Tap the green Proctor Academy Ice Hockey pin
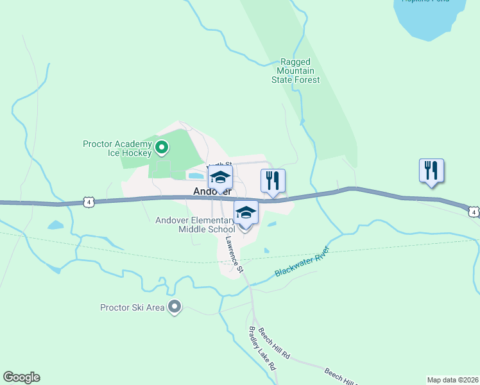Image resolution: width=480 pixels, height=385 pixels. pyautogui.click(x=162, y=148)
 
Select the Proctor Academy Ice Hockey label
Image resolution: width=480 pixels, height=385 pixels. pyautogui.click(x=117, y=148)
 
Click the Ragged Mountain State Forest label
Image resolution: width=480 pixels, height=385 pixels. pyautogui.click(x=295, y=71)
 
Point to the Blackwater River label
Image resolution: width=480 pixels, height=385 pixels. pyautogui.click(x=302, y=262)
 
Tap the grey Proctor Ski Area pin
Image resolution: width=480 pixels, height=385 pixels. pyautogui.click(x=174, y=307)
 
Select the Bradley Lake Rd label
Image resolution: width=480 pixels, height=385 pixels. pyautogui.click(x=262, y=348)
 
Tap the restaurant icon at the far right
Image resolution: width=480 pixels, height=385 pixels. pyautogui.click(x=431, y=171)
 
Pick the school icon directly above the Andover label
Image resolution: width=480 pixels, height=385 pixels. pyautogui.click(x=220, y=178)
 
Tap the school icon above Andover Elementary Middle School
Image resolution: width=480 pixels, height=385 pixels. pyautogui.click(x=246, y=212)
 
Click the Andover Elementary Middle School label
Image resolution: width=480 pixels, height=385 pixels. pyautogui.click(x=195, y=225)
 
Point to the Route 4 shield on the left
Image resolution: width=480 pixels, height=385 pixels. pyautogui.click(x=89, y=202)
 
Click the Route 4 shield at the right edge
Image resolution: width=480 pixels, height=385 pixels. pyautogui.click(x=473, y=211)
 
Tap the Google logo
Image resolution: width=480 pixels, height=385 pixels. pyautogui.click(x=21, y=377)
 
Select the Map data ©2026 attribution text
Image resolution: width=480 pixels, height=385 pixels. pyautogui.click(x=453, y=379)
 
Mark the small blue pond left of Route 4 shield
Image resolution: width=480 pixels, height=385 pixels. pyautogui.click(x=55, y=225)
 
